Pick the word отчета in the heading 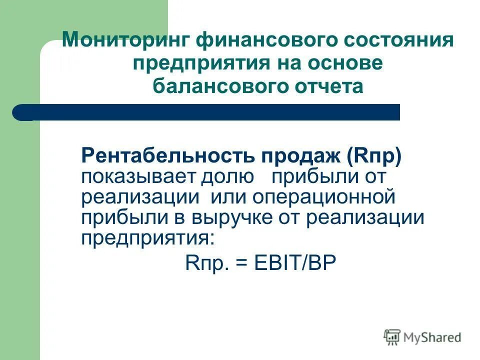(327, 86)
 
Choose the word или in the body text (229, 197)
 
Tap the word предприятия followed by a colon (147, 238)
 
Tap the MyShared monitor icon (392, 337)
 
